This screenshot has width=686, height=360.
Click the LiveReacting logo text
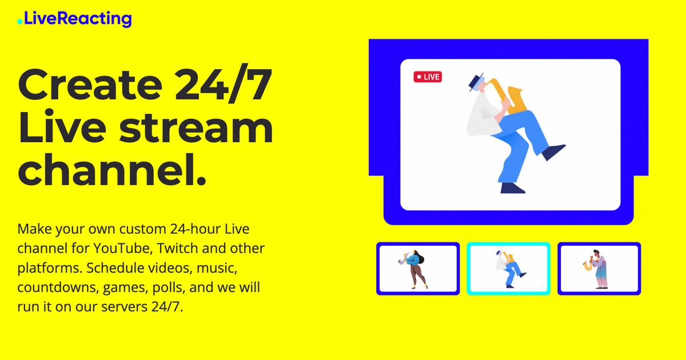pyautogui.click(x=78, y=19)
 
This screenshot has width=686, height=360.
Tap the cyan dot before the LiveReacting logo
pyautogui.click(x=20, y=22)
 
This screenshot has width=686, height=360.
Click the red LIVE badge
pyautogui.click(x=428, y=77)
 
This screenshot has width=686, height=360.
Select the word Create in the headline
pyautogui.click(x=90, y=85)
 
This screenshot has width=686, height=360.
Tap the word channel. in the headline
pyautogui.click(x=112, y=169)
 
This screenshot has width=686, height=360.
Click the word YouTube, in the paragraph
pyautogui.click(x=123, y=249)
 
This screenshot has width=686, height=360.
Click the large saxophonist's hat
pyautogui.click(x=476, y=82)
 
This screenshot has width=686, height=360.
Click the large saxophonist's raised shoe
pyautogui.click(x=553, y=152)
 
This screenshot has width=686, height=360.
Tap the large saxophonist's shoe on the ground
pyautogui.click(x=513, y=188)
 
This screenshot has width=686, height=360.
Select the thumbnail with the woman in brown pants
pyautogui.click(x=418, y=269)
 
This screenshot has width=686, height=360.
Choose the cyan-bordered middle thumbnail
pyautogui.click(x=508, y=269)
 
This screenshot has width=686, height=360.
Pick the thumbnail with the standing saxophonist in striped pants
pyautogui.click(x=599, y=269)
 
